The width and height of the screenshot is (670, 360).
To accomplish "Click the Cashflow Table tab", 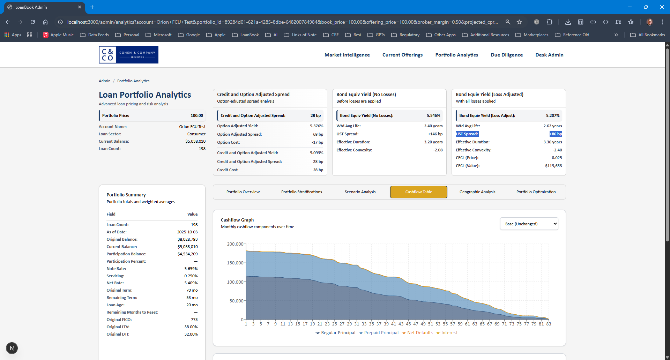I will tap(418, 192).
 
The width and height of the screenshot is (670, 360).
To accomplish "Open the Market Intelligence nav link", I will tap(347, 55).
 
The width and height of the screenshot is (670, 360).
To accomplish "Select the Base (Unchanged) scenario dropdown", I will tap(529, 224).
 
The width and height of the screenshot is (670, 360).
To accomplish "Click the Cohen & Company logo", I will tap(128, 55).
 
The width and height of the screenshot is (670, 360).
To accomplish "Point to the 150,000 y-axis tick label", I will tap(235, 263).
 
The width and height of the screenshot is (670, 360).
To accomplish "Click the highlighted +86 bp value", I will tap(556, 134).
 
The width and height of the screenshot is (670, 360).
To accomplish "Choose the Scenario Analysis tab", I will tap(360, 192).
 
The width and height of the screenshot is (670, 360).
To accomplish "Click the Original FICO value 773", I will tap(194, 320).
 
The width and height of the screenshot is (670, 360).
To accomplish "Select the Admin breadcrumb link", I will tap(104, 81).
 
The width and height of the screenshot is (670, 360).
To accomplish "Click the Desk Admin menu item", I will tap(549, 55).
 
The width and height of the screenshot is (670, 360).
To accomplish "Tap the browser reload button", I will tap(33, 22).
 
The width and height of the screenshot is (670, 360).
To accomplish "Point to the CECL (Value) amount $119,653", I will tap(553, 166).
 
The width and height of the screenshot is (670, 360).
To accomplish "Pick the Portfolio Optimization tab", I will tap(536, 192).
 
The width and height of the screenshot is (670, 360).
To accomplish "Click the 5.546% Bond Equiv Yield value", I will tap(433, 115).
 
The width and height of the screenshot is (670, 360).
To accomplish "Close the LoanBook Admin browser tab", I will tap(80, 7).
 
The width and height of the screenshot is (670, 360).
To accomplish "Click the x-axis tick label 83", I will tap(549, 324).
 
